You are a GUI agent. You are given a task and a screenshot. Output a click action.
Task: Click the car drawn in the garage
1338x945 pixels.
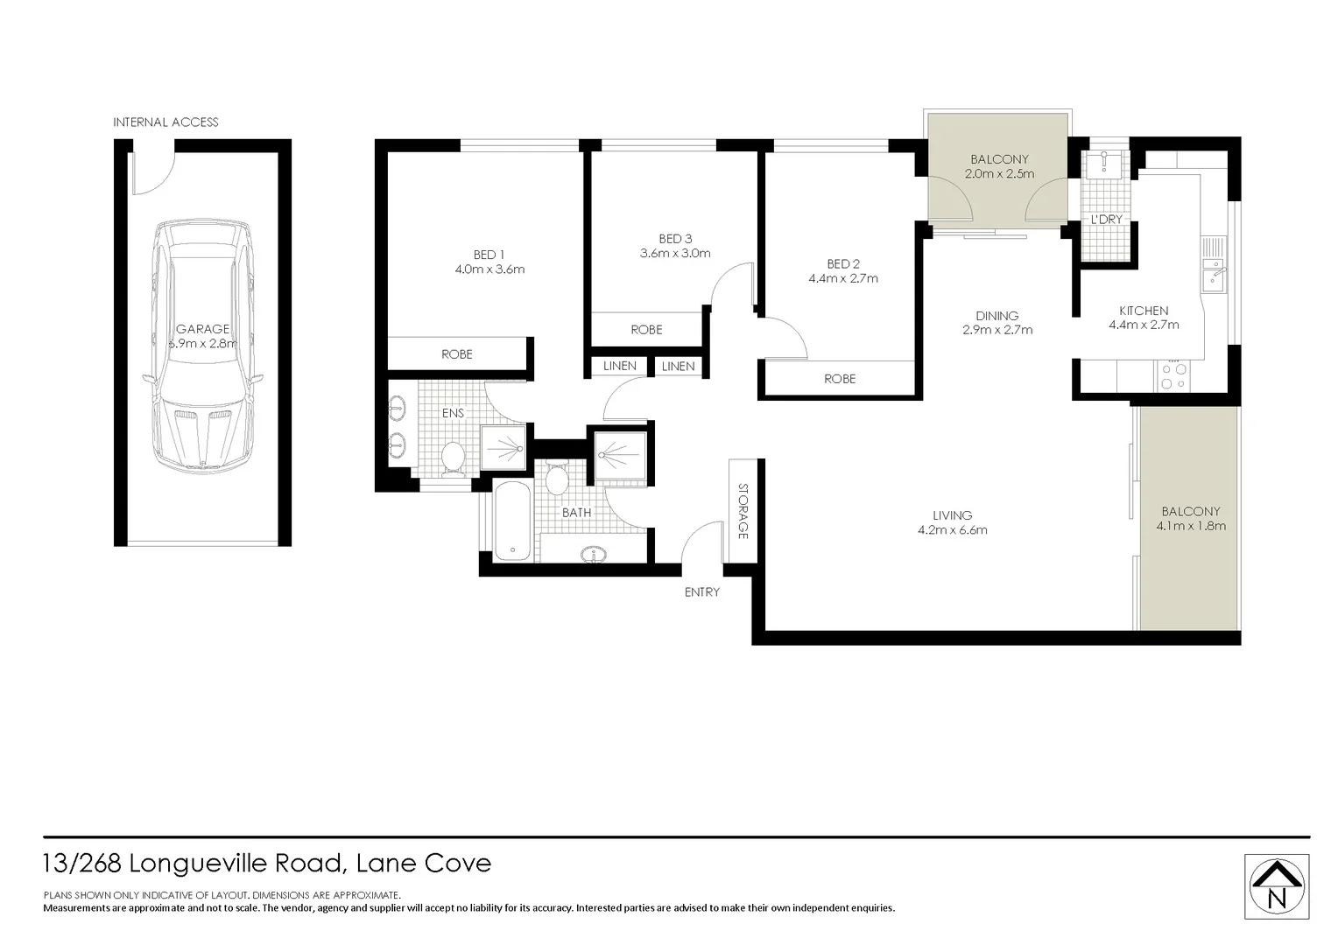click(202, 346)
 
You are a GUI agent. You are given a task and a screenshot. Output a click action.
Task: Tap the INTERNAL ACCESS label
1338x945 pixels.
click(165, 122)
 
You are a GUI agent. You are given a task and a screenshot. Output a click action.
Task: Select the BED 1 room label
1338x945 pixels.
click(489, 255)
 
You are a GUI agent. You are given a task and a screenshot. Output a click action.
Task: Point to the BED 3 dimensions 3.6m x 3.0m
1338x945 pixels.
click(674, 254)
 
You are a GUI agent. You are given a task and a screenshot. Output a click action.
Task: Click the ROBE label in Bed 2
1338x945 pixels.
click(839, 379)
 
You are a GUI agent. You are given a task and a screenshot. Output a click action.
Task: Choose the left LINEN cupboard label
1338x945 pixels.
click(619, 367)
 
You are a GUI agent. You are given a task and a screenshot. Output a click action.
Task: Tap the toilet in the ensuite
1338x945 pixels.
click(453, 457)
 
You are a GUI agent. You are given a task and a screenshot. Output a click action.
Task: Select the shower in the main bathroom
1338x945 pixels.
click(621, 455)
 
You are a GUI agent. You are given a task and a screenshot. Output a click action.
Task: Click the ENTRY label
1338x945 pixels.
click(701, 592)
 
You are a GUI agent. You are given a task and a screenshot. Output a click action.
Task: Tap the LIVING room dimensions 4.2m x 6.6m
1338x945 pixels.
click(952, 530)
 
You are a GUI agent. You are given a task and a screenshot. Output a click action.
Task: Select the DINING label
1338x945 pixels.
click(996, 316)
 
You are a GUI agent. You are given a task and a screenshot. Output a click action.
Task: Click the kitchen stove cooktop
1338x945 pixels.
click(1173, 376)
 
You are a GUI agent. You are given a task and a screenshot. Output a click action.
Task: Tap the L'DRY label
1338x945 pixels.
click(1106, 220)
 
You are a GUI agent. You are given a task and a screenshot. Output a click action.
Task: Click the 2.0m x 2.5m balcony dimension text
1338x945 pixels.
click(999, 174)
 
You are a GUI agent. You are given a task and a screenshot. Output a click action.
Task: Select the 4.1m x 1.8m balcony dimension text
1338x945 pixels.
click(1190, 526)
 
